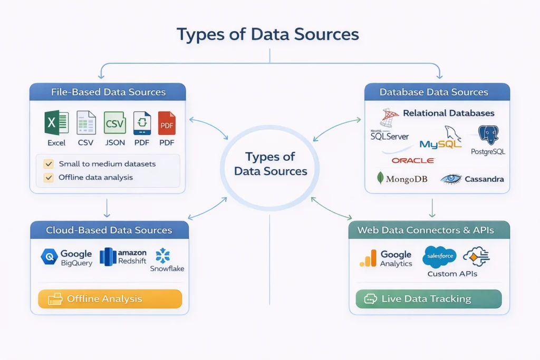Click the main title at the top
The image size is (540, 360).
pyautogui.click(x=267, y=34)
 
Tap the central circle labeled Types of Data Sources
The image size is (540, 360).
pyautogui.click(x=270, y=164)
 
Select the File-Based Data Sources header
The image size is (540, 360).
pyautogui.click(x=108, y=92)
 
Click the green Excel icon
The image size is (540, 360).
pyautogui.click(x=56, y=123)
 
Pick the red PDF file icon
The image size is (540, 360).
pyautogui.click(x=167, y=123)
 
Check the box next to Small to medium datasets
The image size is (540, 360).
pyautogui.click(x=49, y=164)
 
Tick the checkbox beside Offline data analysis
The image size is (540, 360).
pyautogui.click(x=49, y=178)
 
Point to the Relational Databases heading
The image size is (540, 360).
pyautogui.click(x=448, y=113)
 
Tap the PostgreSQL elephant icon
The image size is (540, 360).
pyautogui.click(x=488, y=135)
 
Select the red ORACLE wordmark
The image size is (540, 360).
pyautogui.click(x=413, y=160)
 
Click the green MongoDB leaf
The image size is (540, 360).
pyautogui.click(x=380, y=178)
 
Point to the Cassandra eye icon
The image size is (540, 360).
pyautogui.click(x=451, y=179)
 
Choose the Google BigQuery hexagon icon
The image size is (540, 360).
pyautogui.click(x=49, y=257)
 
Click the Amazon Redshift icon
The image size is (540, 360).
pyautogui.click(x=108, y=257)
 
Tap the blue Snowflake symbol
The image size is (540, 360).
pyautogui.click(x=163, y=255)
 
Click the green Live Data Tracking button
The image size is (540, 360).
pyautogui.click(x=428, y=299)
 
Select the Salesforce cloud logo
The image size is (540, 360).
pyautogui.click(x=439, y=257)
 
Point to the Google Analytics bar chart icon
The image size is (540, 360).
pyautogui.click(x=368, y=258)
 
